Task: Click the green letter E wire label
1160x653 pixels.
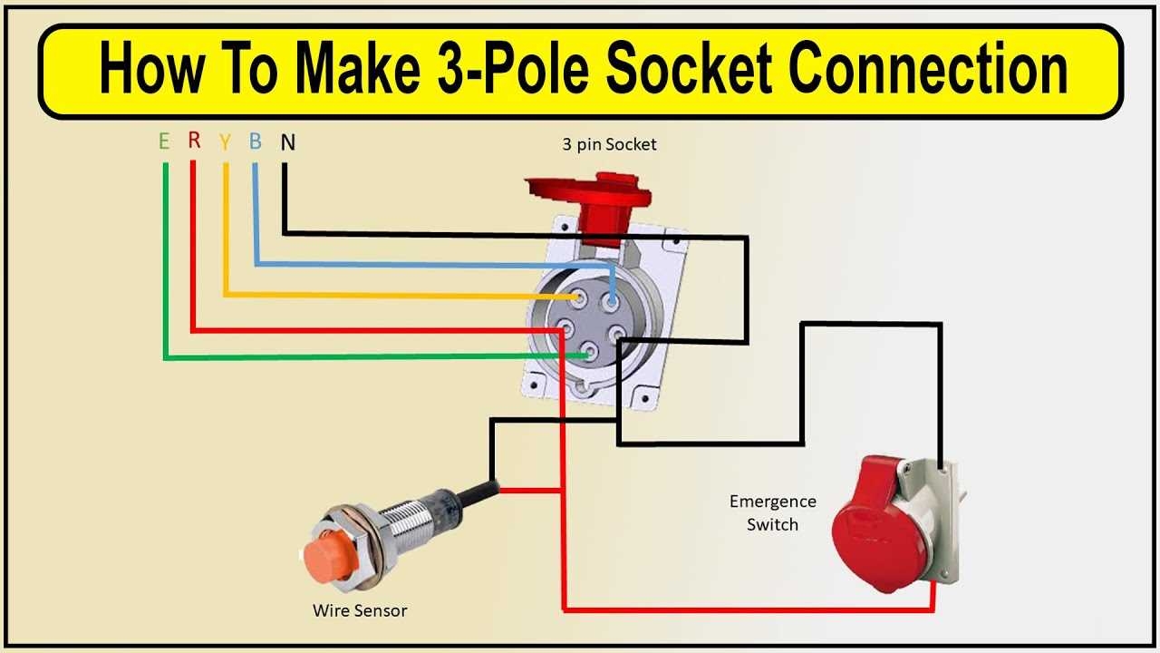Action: pos(164,141)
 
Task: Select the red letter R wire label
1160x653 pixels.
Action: pos(194,141)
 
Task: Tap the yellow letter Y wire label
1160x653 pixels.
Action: pos(225,142)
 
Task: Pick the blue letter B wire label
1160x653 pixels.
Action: pos(256,141)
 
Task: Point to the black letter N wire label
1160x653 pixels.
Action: pos(287,142)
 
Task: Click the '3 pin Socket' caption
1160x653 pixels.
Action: pos(607,144)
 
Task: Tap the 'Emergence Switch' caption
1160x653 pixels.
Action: pos(772,512)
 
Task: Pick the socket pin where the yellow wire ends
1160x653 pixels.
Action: pos(577,297)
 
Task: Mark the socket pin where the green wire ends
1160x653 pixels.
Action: pos(591,355)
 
